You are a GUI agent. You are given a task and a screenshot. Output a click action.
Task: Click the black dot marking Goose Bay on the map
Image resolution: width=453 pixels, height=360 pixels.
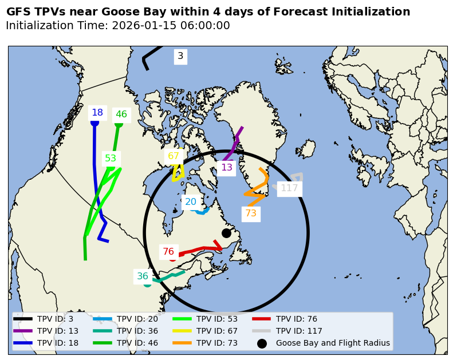[x=226, y=233]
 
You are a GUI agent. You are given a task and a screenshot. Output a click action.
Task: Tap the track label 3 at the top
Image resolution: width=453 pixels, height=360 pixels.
[x=180, y=56]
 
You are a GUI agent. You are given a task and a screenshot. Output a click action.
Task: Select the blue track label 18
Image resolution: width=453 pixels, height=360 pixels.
[x=97, y=113]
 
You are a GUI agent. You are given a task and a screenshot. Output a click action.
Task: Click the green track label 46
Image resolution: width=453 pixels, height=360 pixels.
[x=121, y=114]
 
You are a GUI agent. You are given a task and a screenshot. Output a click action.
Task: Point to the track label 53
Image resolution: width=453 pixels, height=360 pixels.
[x=111, y=159]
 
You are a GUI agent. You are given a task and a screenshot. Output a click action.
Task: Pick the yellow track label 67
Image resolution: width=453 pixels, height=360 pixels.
[x=174, y=156]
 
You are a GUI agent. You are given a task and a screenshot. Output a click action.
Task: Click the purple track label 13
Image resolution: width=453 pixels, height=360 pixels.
[x=227, y=168]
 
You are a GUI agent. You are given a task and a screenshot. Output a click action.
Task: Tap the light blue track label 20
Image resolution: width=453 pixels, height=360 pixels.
[x=191, y=202]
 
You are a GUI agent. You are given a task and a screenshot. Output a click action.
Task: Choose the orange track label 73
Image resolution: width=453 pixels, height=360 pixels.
[x=251, y=213]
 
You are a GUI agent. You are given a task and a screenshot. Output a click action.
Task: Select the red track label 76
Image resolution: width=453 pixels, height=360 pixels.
[x=168, y=252]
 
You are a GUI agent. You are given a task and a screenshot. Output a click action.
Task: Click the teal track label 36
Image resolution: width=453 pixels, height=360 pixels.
[x=143, y=276]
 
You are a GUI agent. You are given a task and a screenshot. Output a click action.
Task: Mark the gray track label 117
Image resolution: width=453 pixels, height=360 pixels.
[x=289, y=188]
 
